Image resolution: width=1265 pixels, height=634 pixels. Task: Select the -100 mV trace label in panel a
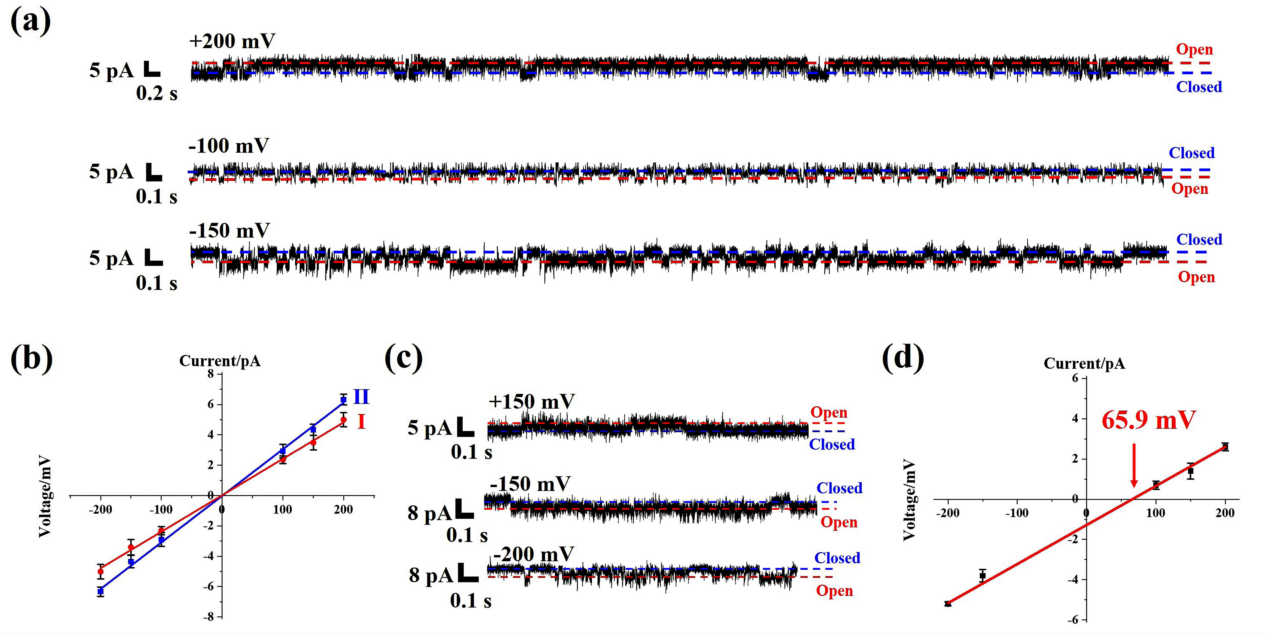tap(229, 146)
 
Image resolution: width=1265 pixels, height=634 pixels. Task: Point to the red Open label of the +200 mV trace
tap(1194, 50)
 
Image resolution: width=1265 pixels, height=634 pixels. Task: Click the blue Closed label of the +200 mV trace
tap(1199, 87)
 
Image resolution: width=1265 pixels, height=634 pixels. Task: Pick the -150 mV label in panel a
tap(229, 230)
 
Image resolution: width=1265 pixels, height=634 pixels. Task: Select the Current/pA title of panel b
tap(220, 361)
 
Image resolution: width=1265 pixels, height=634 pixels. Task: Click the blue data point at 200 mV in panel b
tap(343, 400)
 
